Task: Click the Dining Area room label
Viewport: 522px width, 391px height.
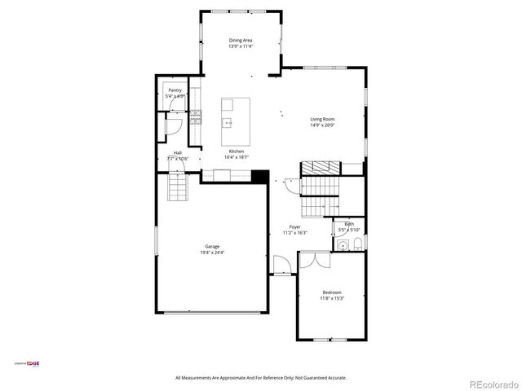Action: coord(241,40)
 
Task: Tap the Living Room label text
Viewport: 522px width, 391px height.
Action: coord(322,119)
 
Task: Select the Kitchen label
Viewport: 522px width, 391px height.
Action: coord(237,152)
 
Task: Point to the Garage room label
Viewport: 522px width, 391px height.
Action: coord(212,246)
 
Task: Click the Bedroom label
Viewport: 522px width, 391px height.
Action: coord(332,292)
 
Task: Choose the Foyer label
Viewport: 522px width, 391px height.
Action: coord(294,227)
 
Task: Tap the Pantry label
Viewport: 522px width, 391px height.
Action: coord(175,91)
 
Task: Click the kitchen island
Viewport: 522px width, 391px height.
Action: coord(237,113)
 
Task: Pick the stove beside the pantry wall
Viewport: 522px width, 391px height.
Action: coord(196,118)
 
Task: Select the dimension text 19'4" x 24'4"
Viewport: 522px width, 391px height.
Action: coord(212,253)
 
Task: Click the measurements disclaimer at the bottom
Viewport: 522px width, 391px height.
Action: coord(261,378)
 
